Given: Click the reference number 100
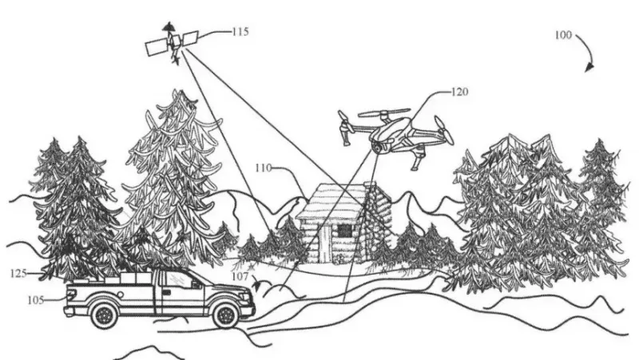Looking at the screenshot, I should pyautogui.click(x=562, y=35).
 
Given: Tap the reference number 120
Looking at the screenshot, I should pyautogui.click(x=458, y=93).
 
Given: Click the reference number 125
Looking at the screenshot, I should pyautogui.click(x=18, y=273).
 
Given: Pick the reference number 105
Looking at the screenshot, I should pyautogui.click(x=36, y=300).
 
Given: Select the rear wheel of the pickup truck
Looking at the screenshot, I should pyautogui.click(x=104, y=316).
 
